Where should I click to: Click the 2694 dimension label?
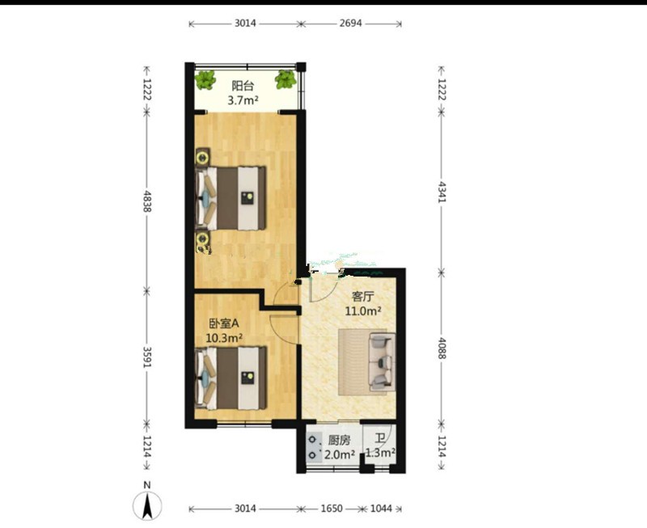tap(351, 23)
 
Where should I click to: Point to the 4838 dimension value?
tap(147, 201)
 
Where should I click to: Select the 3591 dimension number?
tap(147, 357)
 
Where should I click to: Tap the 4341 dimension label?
tap(442, 192)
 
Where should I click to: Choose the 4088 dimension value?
tap(442, 348)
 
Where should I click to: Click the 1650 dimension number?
tap(332, 509)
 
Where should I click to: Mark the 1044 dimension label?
tap(381, 509)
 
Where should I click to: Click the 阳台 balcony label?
tap(243, 87)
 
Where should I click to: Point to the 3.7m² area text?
tap(243, 100)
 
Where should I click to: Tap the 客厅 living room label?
tap(362, 297)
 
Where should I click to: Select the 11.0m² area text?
tap(362, 310)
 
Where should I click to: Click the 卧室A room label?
tap(224, 323)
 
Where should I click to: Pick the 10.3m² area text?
tap(224, 338)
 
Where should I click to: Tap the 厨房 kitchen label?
tap(339, 441)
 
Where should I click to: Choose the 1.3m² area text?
tap(380, 453)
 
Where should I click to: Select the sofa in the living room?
tap(383, 361)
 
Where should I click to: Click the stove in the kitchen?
tap(315, 447)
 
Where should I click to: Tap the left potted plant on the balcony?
tap(205, 79)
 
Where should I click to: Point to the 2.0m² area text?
tap(340, 454)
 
